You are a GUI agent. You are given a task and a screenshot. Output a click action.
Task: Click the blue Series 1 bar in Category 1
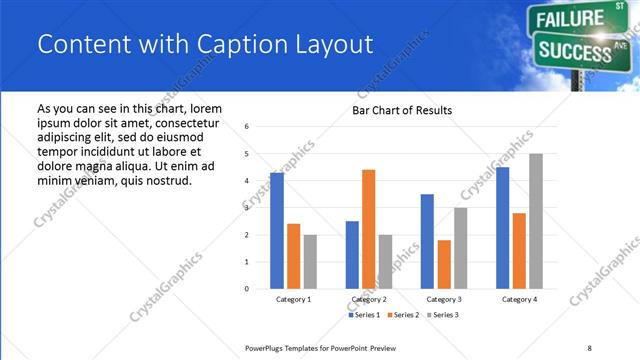point(277,231)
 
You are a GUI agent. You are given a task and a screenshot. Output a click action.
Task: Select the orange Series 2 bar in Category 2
point(368,229)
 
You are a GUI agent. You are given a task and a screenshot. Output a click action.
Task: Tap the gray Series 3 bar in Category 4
point(536,221)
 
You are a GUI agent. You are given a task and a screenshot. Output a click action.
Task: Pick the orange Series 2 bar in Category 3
point(444,264)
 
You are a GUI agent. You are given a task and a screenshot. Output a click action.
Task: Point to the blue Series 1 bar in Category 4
point(502,228)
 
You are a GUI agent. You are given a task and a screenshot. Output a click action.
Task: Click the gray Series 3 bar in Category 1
point(310,262)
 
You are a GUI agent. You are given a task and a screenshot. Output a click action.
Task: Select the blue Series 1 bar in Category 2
point(352,255)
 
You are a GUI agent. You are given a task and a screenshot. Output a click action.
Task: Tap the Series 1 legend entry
point(363,315)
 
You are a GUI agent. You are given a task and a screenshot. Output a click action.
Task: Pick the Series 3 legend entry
point(443,315)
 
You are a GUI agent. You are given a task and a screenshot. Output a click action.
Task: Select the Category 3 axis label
point(443,299)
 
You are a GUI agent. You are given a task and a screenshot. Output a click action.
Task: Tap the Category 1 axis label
point(293,299)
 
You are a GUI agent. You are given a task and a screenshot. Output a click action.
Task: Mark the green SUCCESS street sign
point(575,47)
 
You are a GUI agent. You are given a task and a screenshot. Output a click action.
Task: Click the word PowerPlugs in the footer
point(266,347)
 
